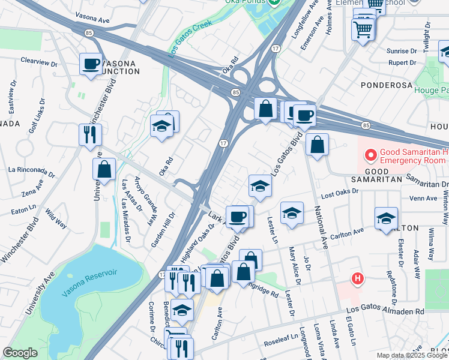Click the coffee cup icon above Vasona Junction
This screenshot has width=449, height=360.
coord(91,63)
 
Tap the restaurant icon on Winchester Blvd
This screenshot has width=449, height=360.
coord(90,134)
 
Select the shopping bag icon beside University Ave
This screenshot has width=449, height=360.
coord(104,169)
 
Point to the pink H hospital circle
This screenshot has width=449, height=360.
coord(358,279)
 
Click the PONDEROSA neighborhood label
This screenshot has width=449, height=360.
coord(384,85)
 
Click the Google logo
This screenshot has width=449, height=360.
coord(20,353)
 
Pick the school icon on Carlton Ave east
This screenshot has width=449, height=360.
coord(386,218)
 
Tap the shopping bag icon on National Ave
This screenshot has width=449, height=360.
coord(317,144)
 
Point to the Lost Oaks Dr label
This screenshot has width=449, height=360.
coord(339,191)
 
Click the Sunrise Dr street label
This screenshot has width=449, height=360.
coord(399,51)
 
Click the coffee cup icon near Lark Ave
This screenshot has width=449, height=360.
coord(237,216)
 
